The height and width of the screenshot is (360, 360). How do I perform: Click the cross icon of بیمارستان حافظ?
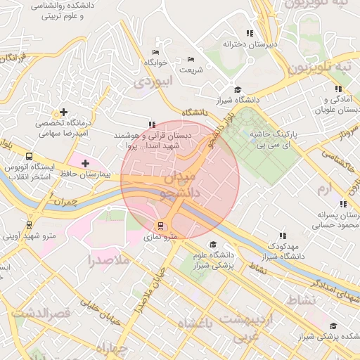tap(86, 163)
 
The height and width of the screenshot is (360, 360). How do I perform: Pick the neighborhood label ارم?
tap(323, 190)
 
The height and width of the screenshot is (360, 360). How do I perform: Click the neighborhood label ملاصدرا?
tap(108, 261)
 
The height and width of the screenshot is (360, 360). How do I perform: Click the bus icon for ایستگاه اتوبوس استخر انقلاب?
tap(29, 157)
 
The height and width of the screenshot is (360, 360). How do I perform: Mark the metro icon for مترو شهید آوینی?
tap(29, 225)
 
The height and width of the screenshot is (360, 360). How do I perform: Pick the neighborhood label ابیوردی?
tap(152, 82)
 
